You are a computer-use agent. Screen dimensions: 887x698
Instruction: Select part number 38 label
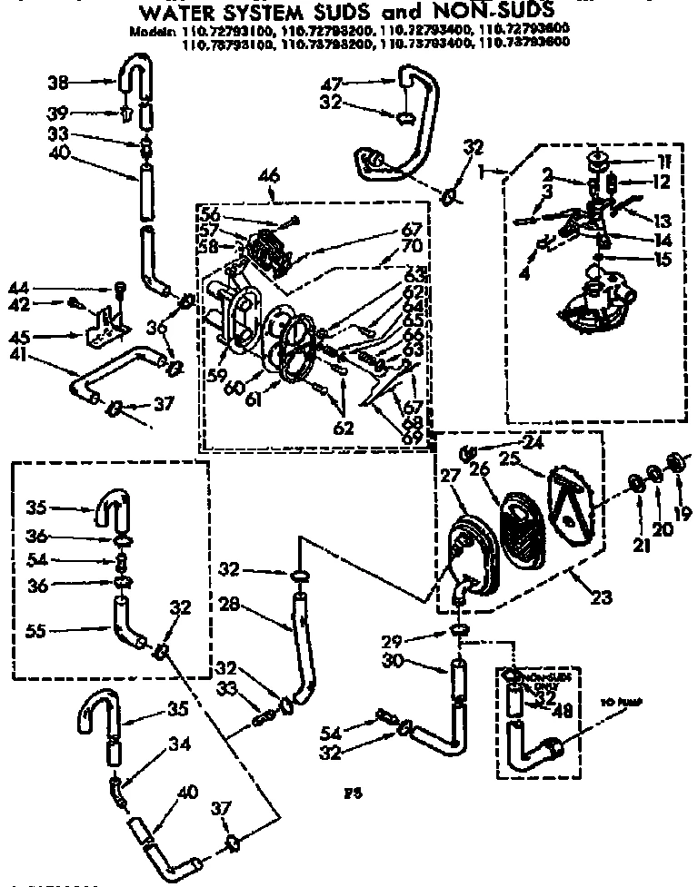point(58,83)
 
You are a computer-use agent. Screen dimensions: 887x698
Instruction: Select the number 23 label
point(600,597)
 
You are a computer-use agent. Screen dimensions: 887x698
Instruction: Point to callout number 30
point(417,662)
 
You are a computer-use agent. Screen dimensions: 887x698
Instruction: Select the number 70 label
point(414,244)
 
